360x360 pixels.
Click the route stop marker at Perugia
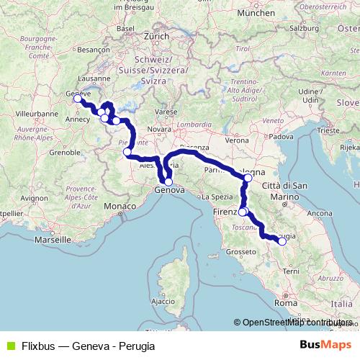point(282,241)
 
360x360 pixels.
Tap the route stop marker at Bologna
point(248,177)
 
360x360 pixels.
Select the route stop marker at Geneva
point(77,99)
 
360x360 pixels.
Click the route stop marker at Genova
point(168,182)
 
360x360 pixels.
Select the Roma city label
point(285,304)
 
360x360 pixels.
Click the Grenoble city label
point(64,153)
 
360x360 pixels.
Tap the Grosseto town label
point(241,252)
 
